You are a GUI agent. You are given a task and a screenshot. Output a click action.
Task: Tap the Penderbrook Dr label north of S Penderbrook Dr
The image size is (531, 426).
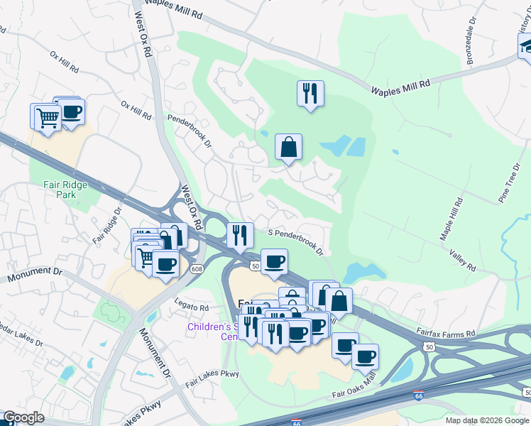pyautogui.click(x=190, y=132)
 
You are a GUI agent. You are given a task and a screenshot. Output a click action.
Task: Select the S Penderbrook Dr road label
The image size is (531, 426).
pyautogui.click(x=295, y=242)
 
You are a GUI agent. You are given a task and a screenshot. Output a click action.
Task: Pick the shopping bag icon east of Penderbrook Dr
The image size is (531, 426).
pyautogui.click(x=289, y=147)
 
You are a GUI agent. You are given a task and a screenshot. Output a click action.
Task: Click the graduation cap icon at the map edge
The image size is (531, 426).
pyautogui.click(x=526, y=46)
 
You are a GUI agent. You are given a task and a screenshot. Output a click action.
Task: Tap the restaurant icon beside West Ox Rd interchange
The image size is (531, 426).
pyautogui.click(x=240, y=234)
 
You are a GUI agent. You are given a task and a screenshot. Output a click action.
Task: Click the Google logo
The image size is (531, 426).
pyautogui.click(x=23, y=418)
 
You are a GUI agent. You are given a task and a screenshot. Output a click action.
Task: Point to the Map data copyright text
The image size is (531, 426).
pyautogui.click(x=487, y=420)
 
